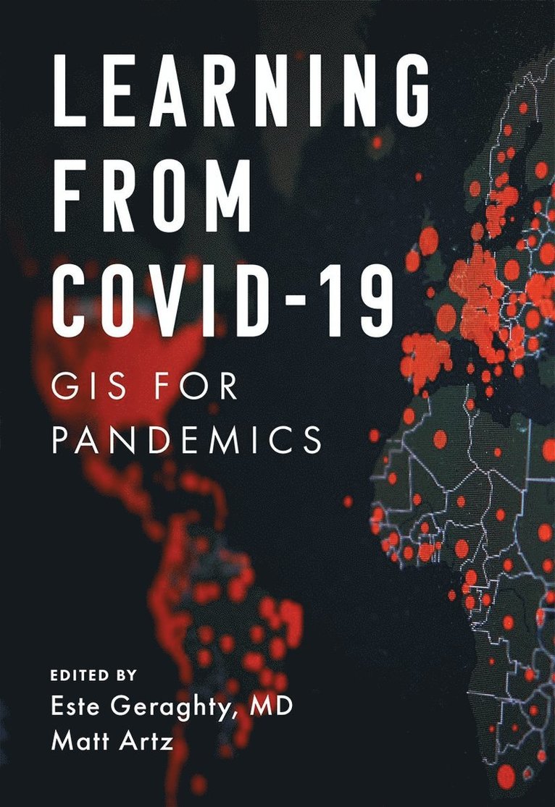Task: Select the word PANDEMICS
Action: [x=186, y=439]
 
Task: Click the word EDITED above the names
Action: [x=76, y=675]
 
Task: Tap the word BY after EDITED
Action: [x=125, y=675]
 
